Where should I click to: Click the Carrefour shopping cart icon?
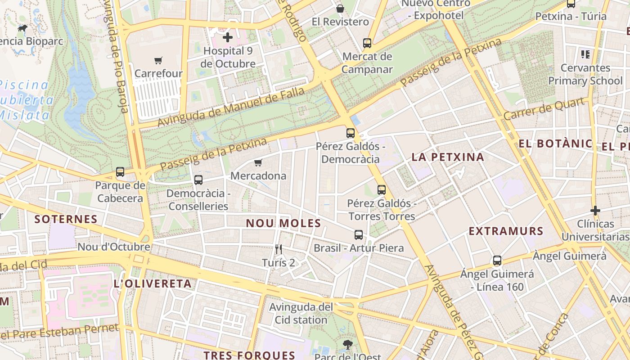coord(158,60)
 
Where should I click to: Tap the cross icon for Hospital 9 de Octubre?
coord(228,37)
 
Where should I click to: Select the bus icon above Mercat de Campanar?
coord(367,43)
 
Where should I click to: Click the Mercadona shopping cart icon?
coord(258,162)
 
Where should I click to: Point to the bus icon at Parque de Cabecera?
coord(120,172)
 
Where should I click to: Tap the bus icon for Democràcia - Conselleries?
coord(198,180)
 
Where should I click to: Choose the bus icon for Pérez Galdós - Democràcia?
coord(351,133)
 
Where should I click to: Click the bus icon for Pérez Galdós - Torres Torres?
coord(382,190)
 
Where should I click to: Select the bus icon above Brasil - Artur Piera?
coord(358,235)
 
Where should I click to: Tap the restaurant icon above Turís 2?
coord(279,249)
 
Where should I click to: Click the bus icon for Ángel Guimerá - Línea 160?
coord(497,261)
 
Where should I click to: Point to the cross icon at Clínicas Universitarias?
coord(595,211)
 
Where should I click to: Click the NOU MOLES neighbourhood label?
coord(283,223)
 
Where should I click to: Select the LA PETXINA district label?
coord(448,157)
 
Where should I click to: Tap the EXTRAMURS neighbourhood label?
coord(506,231)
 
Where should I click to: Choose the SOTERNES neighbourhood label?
coord(66,219)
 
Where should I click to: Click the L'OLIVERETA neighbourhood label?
coord(153,284)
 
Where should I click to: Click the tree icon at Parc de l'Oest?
coord(347,345)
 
